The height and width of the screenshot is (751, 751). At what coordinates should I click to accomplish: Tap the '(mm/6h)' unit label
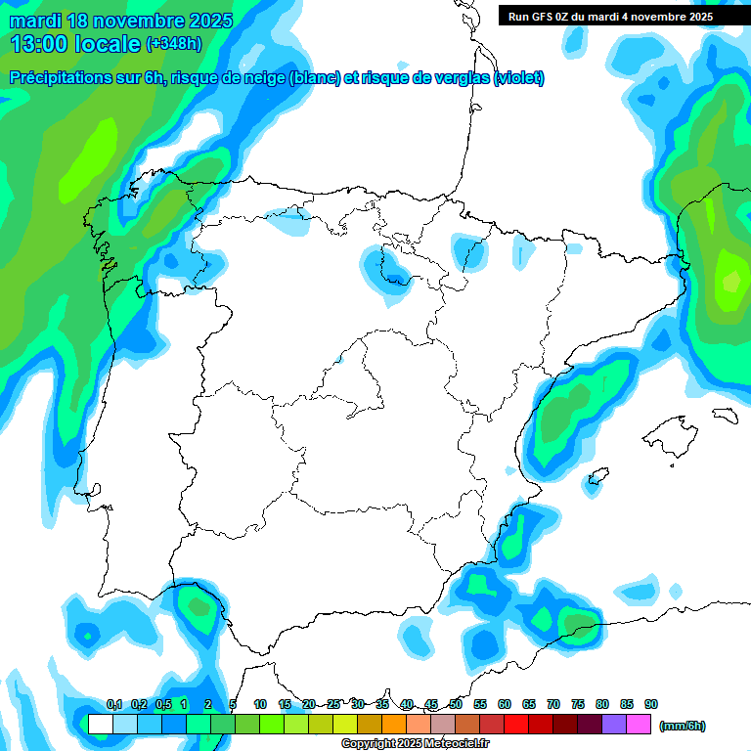(682, 726)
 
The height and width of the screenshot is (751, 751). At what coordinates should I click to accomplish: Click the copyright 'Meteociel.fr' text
(469, 744)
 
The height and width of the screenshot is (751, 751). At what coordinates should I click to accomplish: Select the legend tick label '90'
(651, 704)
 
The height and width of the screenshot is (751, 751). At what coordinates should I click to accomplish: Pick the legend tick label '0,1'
(114, 704)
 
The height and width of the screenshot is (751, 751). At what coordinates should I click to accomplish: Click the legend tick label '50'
(456, 704)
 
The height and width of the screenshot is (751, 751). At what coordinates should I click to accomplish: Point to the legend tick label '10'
(260, 704)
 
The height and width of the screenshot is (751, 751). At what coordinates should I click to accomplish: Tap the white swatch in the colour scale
(100, 725)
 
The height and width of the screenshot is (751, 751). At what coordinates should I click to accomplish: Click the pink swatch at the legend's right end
(640, 725)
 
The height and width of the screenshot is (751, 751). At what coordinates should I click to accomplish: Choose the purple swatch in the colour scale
(615, 725)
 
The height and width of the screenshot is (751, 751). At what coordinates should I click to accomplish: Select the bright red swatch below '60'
(516, 725)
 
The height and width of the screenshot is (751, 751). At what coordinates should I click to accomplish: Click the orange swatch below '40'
(394, 725)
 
